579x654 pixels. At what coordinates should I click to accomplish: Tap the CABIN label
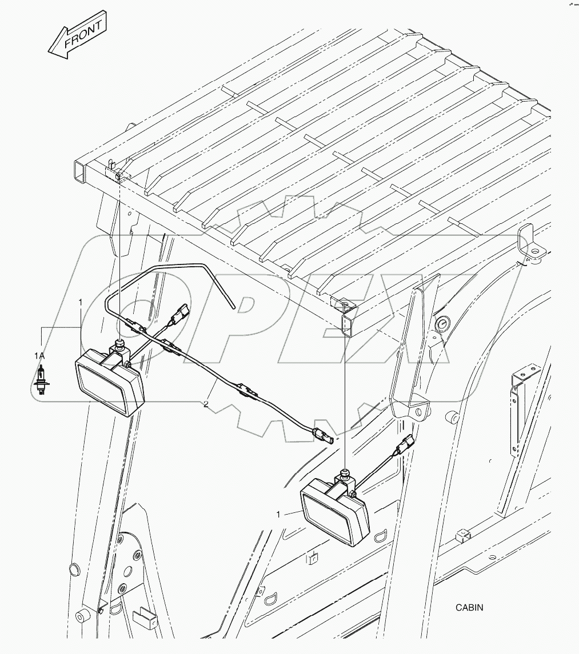tap(469, 608)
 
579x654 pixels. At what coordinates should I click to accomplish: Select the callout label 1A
tap(38, 356)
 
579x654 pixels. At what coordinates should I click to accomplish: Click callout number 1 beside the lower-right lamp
tap(278, 515)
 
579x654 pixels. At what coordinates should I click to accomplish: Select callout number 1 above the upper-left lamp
tap(81, 301)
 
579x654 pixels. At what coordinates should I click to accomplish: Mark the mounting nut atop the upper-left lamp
tap(121, 344)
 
